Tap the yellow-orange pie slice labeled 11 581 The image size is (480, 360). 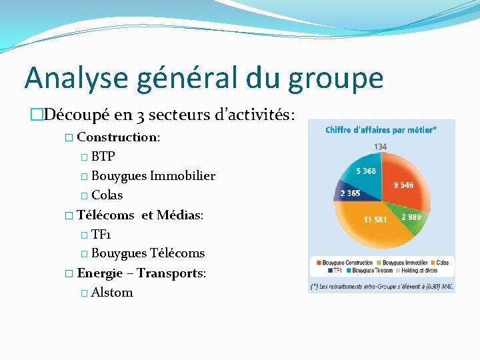(x=373, y=227)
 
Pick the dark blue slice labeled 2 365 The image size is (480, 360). (x=351, y=193)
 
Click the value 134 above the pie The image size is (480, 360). (x=381, y=147)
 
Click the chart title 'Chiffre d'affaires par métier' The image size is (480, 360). (x=381, y=129)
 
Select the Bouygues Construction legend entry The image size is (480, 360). (x=347, y=263)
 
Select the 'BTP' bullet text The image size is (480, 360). (x=103, y=157)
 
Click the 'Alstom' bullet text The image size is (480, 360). (x=112, y=292)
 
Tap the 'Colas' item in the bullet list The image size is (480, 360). (x=107, y=195)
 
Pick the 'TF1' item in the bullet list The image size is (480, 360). (x=101, y=234)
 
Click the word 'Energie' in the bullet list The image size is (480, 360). (x=100, y=273)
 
